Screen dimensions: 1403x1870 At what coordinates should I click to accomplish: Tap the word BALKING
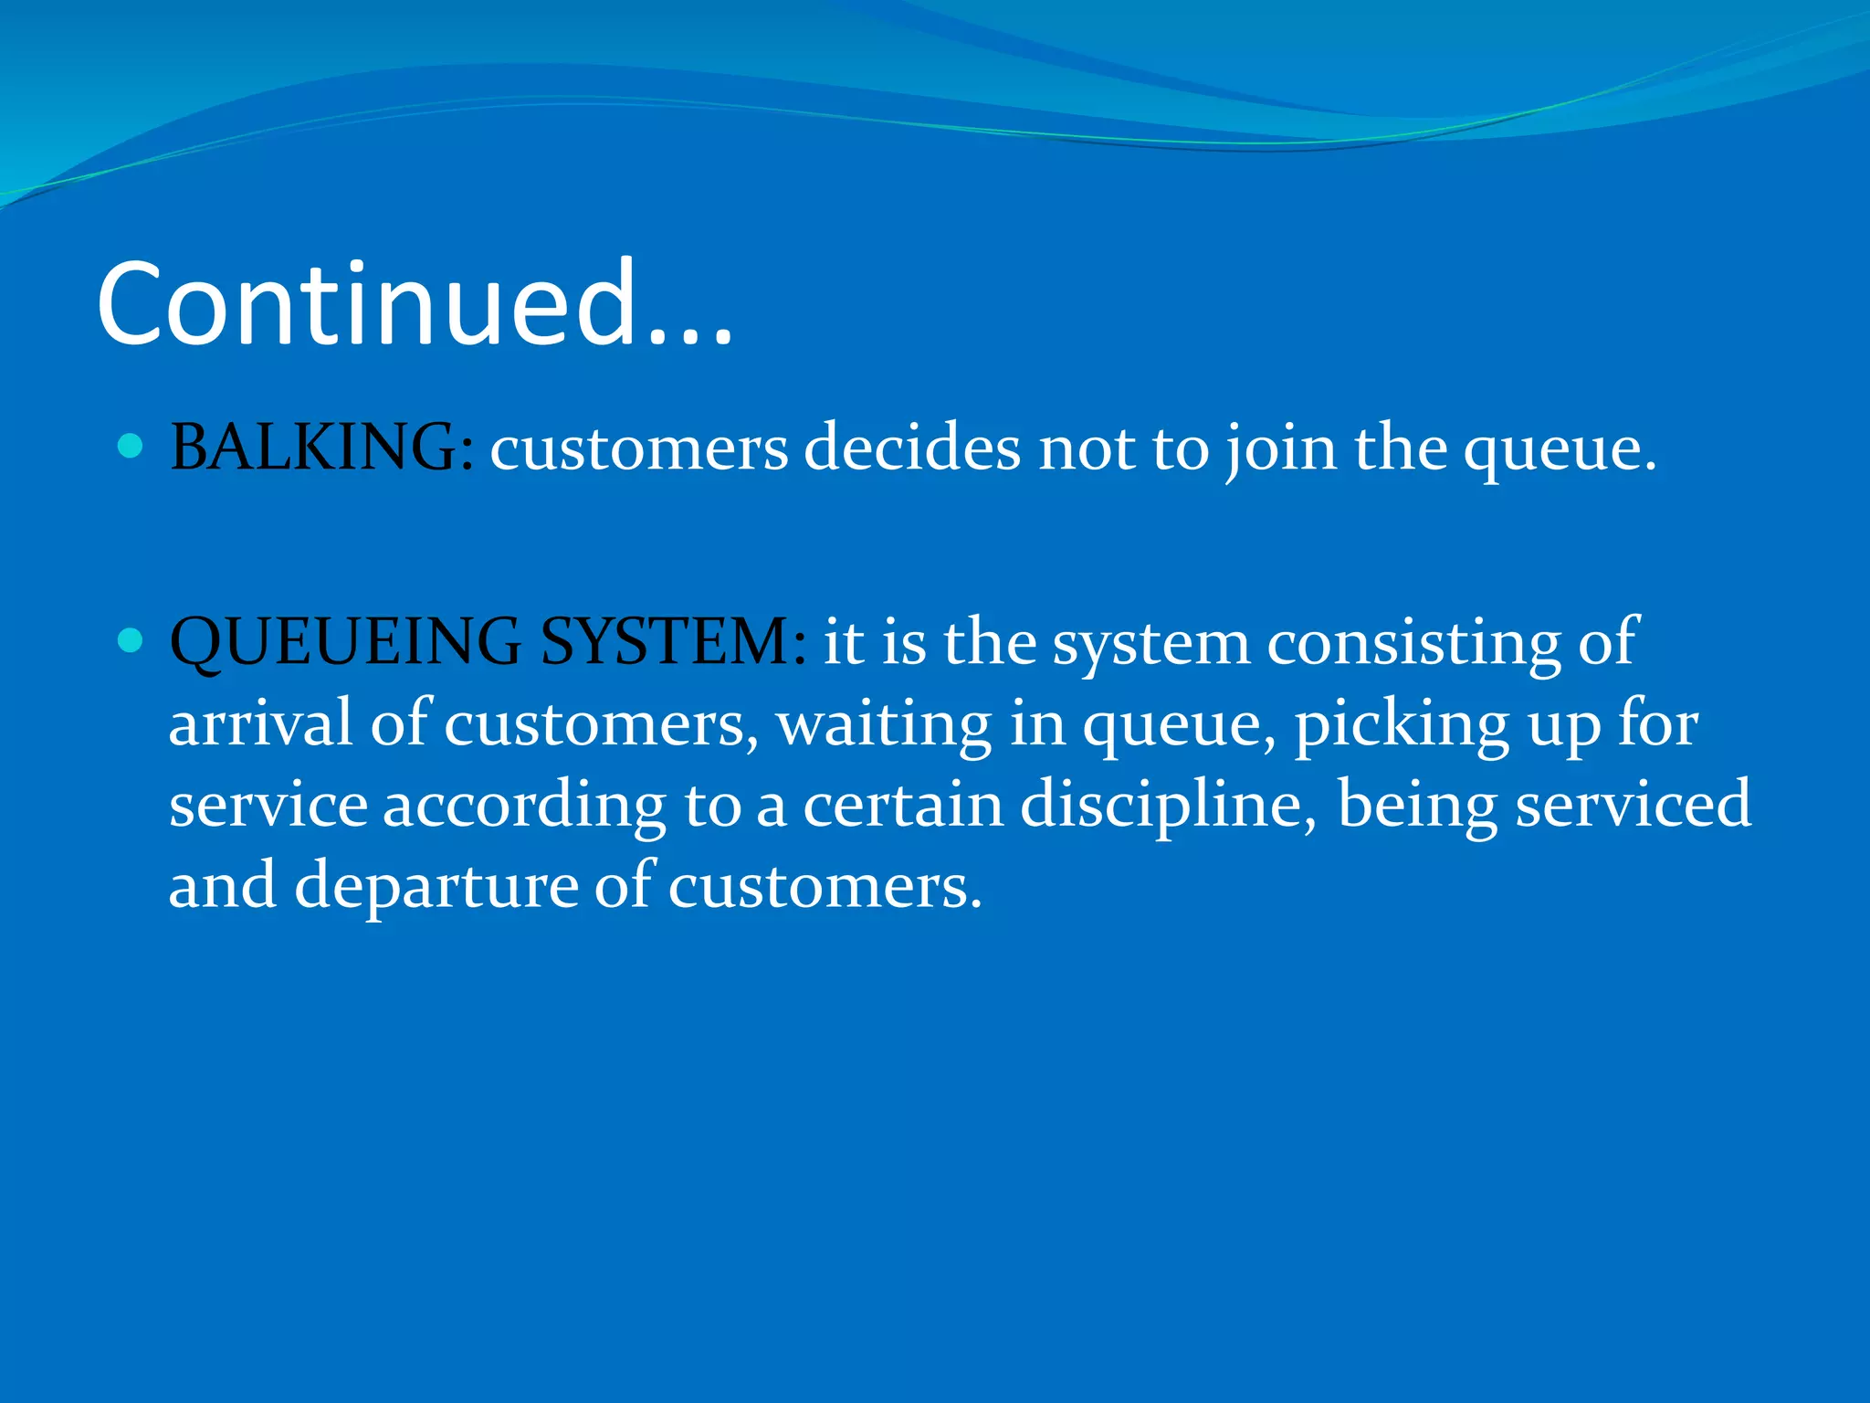click(314, 448)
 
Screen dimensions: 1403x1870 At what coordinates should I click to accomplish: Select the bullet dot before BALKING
click(131, 446)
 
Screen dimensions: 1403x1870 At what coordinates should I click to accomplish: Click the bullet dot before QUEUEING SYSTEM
click(131, 639)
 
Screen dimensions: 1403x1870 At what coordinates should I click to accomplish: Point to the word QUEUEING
click(345, 642)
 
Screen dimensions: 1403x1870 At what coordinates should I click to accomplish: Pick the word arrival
click(260, 723)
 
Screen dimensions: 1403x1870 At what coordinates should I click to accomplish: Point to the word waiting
click(884, 725)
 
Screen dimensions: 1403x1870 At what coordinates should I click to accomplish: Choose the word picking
click(1402, 725)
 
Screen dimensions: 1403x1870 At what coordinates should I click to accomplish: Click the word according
click(524, 807)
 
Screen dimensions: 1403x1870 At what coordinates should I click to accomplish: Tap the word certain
click(903, 805)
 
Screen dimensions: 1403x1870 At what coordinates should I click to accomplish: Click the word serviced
click(1634, 805)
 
